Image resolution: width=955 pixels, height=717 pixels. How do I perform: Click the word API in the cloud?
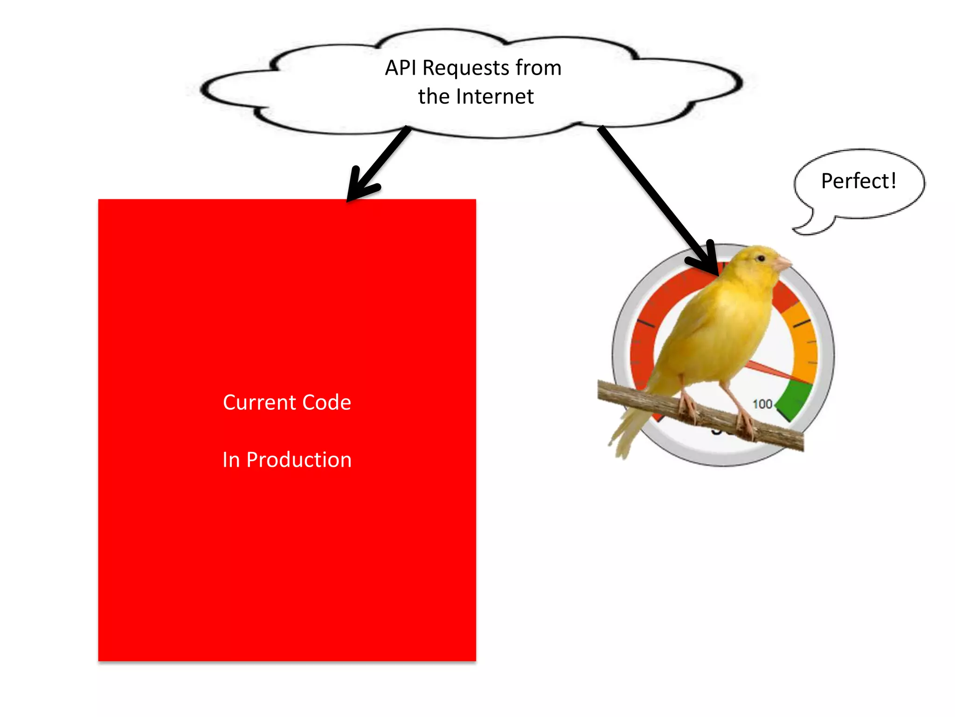click(401, 68)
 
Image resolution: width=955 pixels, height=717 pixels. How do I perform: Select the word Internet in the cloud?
click(495, 97)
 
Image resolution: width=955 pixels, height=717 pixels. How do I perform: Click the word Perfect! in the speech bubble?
click(858, 181)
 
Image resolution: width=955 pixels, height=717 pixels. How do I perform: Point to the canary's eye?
click(761, 258)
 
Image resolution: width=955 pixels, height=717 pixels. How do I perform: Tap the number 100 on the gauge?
click(762, 404)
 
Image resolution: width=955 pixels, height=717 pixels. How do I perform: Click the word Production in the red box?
click(299, 460)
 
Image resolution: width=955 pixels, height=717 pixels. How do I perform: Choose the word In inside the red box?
click(231, 460)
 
